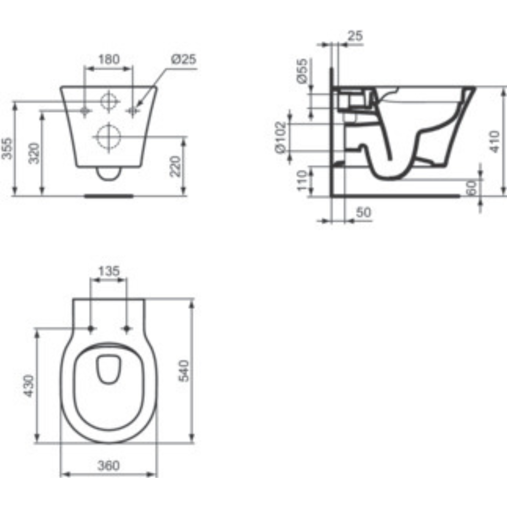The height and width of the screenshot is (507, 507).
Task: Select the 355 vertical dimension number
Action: click(7, 148)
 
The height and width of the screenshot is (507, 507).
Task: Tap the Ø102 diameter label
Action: click(281, 138)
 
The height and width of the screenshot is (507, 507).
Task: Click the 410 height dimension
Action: click(495, 142)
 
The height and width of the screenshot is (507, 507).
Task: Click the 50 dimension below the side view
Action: click(364, 212)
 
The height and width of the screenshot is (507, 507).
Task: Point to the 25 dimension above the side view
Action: click(355, 36)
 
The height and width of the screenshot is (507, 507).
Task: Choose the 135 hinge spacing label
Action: click(109, 271)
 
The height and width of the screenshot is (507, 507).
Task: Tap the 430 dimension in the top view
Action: click(29, 386)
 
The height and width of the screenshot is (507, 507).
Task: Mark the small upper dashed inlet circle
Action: click(109, 101)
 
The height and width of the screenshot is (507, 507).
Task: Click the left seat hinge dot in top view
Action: click(91, 328)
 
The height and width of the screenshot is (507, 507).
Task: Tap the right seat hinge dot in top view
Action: click(127, 328)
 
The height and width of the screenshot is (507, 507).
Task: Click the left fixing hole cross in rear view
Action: click(85, 111)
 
